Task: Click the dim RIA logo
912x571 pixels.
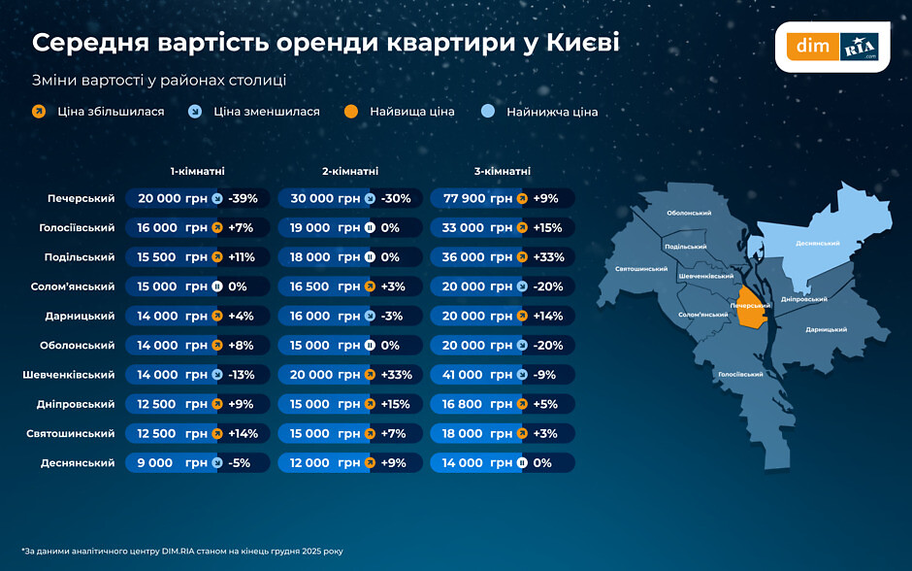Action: (831, 46)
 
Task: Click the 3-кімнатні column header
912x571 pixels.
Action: (502, 171)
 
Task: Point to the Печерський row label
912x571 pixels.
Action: (81, 198)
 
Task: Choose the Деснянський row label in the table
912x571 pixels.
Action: (78, 463)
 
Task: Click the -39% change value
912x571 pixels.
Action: (243, 198)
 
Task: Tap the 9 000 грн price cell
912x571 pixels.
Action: (171, 463)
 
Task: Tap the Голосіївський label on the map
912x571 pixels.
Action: (740, 374)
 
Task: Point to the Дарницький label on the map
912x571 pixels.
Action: (826, 330)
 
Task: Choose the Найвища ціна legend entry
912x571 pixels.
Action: (411, 112)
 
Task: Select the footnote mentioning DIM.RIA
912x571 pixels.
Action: (181, 552)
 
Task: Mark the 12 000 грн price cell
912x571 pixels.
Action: (323, 463)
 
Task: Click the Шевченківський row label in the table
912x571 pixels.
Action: (69, 375)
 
